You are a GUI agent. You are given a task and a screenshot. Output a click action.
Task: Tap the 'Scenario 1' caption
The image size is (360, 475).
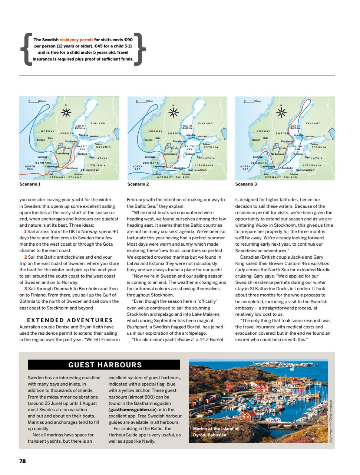30,184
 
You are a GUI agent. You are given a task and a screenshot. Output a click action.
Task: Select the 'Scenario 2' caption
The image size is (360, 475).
138,184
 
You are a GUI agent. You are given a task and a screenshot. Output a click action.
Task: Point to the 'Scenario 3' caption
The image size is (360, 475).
246,184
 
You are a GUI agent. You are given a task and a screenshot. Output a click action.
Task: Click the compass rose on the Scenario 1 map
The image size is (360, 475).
66,113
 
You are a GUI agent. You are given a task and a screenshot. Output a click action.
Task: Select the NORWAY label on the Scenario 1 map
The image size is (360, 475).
48,131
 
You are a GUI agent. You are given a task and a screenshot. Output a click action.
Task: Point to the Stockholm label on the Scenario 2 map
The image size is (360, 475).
178,141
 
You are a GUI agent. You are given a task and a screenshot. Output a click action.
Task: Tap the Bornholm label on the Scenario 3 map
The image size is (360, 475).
287,168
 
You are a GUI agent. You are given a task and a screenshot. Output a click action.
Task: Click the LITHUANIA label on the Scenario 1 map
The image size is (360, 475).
97,165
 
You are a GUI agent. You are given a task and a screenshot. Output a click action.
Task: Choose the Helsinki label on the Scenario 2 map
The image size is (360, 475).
203,137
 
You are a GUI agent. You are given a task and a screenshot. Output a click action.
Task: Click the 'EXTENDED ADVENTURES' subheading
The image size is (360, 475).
70,320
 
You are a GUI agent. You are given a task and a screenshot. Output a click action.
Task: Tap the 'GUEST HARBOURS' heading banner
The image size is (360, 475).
105,365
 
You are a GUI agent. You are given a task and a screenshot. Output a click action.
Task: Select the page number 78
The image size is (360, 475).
23,461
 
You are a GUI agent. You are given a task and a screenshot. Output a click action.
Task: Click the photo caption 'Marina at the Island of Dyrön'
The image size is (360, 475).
216,432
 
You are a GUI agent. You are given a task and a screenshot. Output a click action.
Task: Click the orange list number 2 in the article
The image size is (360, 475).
25,257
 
